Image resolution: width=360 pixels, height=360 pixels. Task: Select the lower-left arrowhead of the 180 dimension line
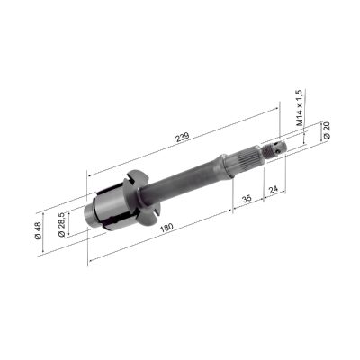pyautogui.click(x=91, y=264)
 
